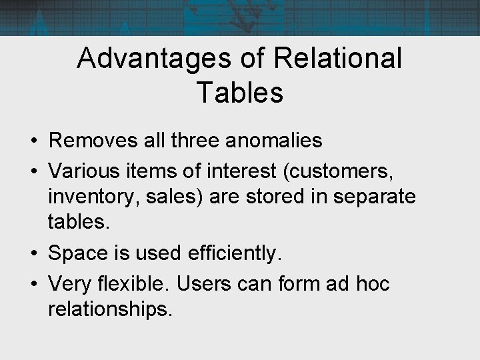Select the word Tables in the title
[x=240, y=93]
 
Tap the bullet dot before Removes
[x=33, y=141]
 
